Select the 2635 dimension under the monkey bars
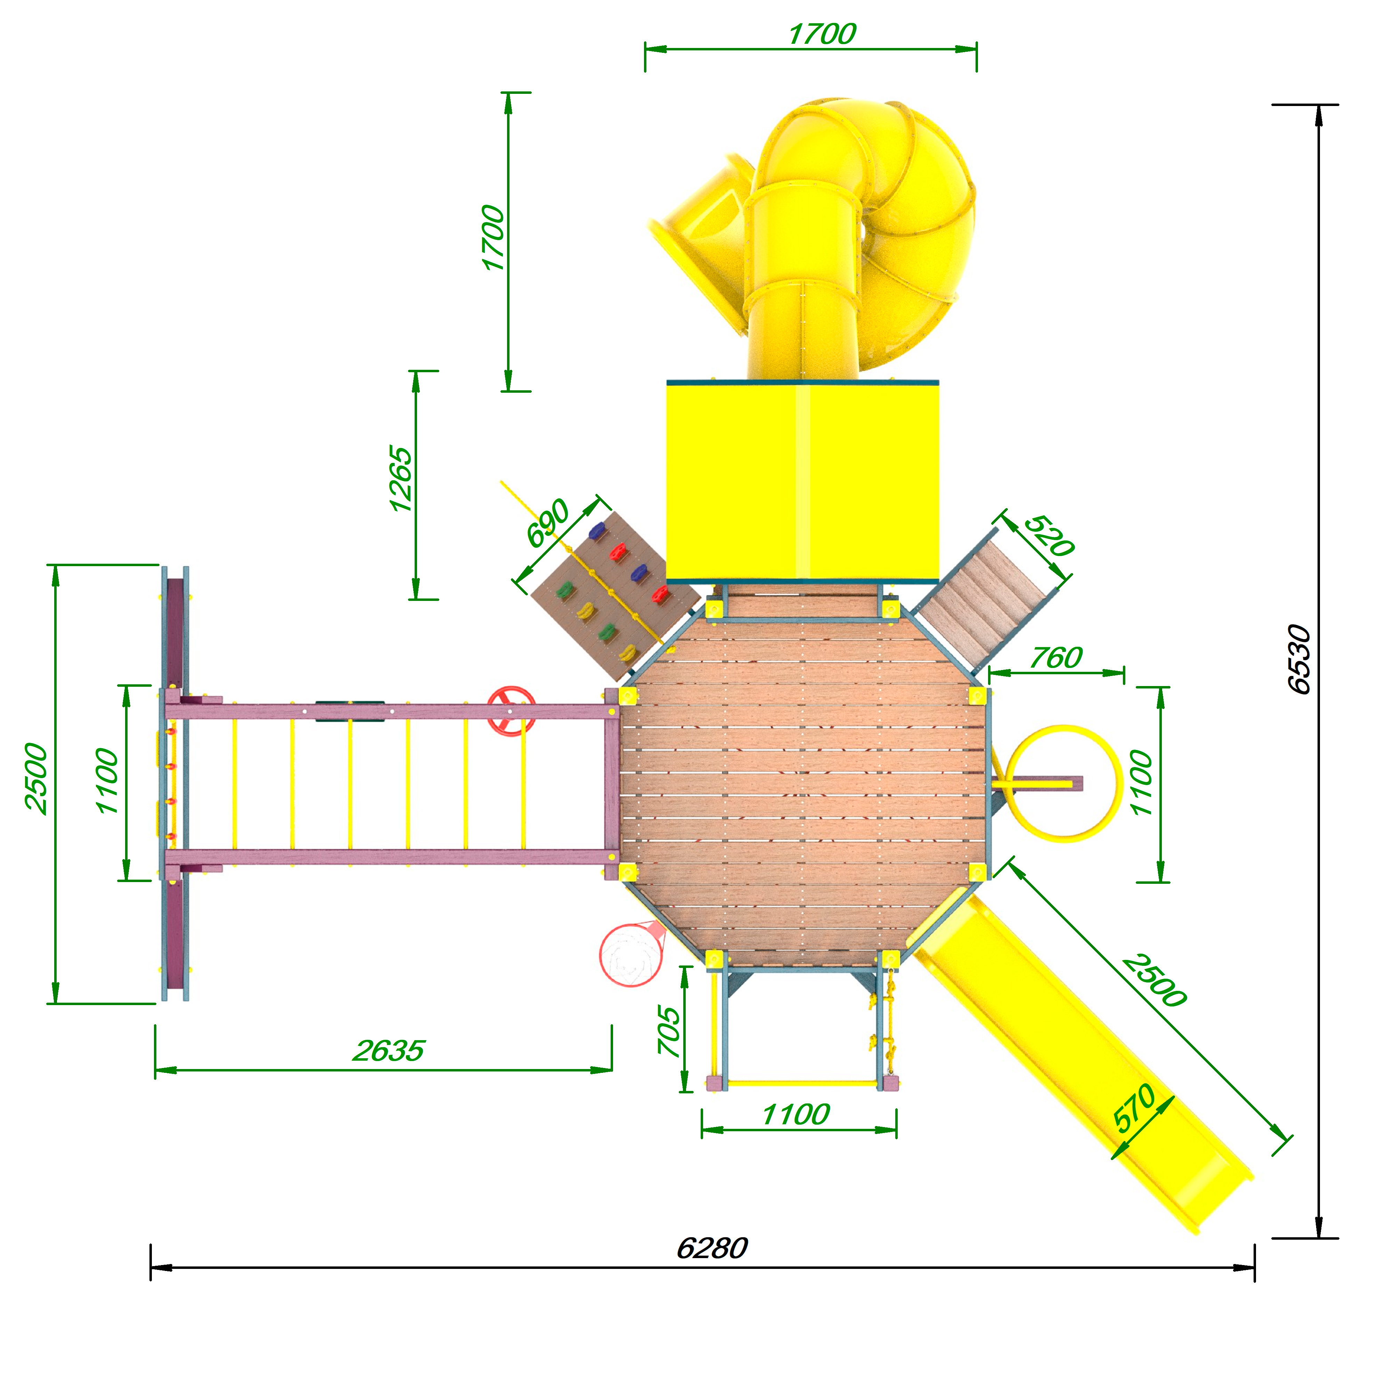388,1051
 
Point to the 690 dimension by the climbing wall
547,522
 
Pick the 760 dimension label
1056,658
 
